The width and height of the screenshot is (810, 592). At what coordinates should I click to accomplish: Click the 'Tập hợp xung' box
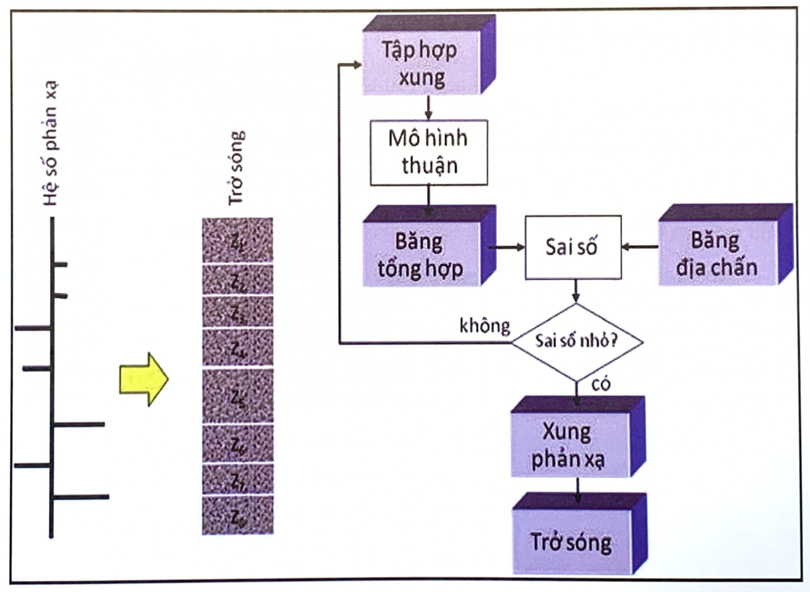(x=421, y=63)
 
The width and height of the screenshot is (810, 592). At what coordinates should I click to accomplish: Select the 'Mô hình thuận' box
(x=429, y=152)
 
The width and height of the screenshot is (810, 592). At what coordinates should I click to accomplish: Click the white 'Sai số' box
(x=572, y=247)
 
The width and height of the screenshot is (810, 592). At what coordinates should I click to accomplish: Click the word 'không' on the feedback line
(x=484, y=326)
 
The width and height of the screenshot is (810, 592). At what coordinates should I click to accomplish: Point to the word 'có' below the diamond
(x=600, y=384)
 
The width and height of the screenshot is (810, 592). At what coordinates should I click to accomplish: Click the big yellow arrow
(x=144, y=379)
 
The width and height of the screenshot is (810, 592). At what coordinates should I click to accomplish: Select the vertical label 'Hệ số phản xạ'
(x=50, y=143)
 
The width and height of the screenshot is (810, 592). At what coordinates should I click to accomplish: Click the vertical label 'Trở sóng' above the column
(x=236, y=167)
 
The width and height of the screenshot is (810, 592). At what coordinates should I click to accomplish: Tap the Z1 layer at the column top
(x=238, y=240)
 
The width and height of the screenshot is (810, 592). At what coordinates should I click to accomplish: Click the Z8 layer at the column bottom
(x=238, y=516)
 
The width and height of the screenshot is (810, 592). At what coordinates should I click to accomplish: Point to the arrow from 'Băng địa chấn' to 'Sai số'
(x=640, y=247)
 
